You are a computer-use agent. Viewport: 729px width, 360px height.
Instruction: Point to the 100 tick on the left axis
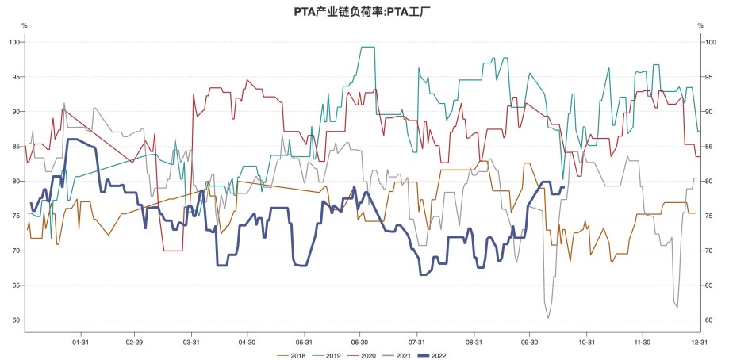pyautogui.click(x=14, y=41)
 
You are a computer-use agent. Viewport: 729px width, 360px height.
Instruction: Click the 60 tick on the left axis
pyautogui.click(x=16, y=320)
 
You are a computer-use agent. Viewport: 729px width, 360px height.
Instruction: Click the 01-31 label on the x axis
pyautogui.click(x=79, y=343)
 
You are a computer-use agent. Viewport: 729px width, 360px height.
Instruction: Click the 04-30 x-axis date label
pyautogui.click(x=247, y=343)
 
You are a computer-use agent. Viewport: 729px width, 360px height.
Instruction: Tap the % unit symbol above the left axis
pyautogui.click(x=24, y=25)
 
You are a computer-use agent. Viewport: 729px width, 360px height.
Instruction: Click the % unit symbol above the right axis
pyautogui.click(x=700, y=25)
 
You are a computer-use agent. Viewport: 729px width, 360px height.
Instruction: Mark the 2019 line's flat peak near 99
pyautogui.click(x=367, y=48)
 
